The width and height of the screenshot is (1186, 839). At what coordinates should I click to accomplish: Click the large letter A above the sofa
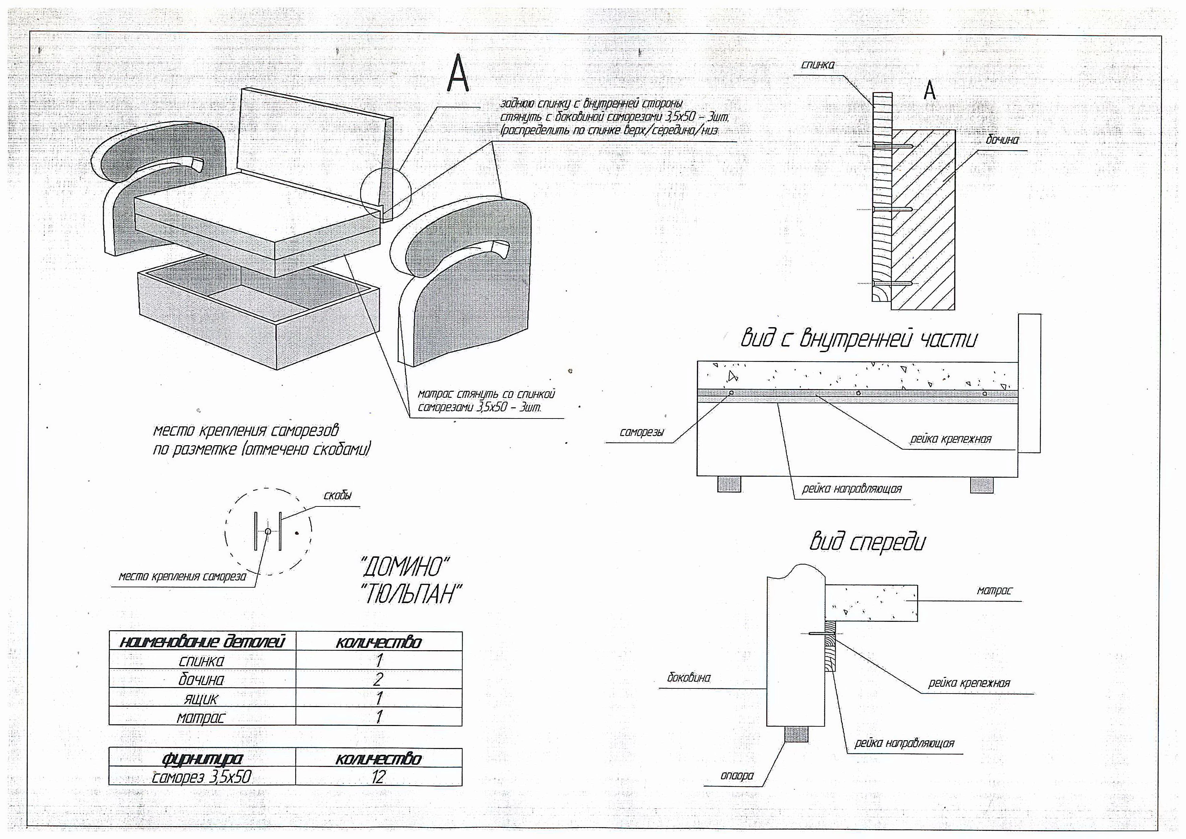458,73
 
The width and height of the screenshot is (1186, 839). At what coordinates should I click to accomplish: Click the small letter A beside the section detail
929,91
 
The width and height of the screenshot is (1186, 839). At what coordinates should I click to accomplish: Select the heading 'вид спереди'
867,542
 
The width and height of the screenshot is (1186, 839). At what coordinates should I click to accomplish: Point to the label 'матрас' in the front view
994,590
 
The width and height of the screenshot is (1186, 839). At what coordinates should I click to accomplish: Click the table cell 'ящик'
202,699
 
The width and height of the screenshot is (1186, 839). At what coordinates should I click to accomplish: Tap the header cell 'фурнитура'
202,758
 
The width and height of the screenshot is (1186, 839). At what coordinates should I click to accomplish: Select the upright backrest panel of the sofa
315,139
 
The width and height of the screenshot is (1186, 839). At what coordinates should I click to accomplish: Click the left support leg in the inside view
728,484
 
